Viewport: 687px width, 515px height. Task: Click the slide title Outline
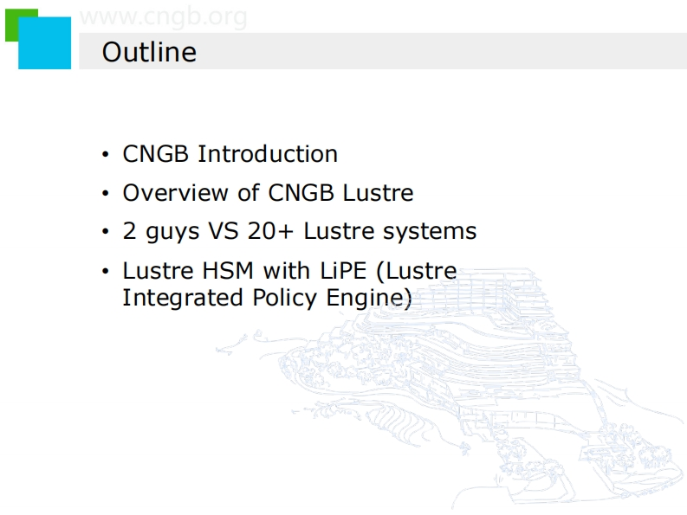149,52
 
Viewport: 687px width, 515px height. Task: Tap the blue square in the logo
45,43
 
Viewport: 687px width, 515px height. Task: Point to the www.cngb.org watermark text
164,17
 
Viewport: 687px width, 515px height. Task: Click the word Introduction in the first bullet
268,154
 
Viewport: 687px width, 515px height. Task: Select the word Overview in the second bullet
175,193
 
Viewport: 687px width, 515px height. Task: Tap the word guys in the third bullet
172,233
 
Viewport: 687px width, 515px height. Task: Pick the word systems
430,232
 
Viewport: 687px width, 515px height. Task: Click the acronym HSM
227,271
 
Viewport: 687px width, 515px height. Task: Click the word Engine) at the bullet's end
369,299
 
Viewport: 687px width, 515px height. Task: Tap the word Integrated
183,299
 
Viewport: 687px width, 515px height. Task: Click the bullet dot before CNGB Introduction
105,154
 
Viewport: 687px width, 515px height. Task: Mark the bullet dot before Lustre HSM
105,271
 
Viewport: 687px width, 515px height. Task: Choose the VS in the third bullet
224,231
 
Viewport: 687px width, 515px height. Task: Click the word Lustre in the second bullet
378,193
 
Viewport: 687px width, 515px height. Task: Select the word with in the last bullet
287,271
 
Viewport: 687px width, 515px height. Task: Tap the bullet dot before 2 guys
105,231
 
